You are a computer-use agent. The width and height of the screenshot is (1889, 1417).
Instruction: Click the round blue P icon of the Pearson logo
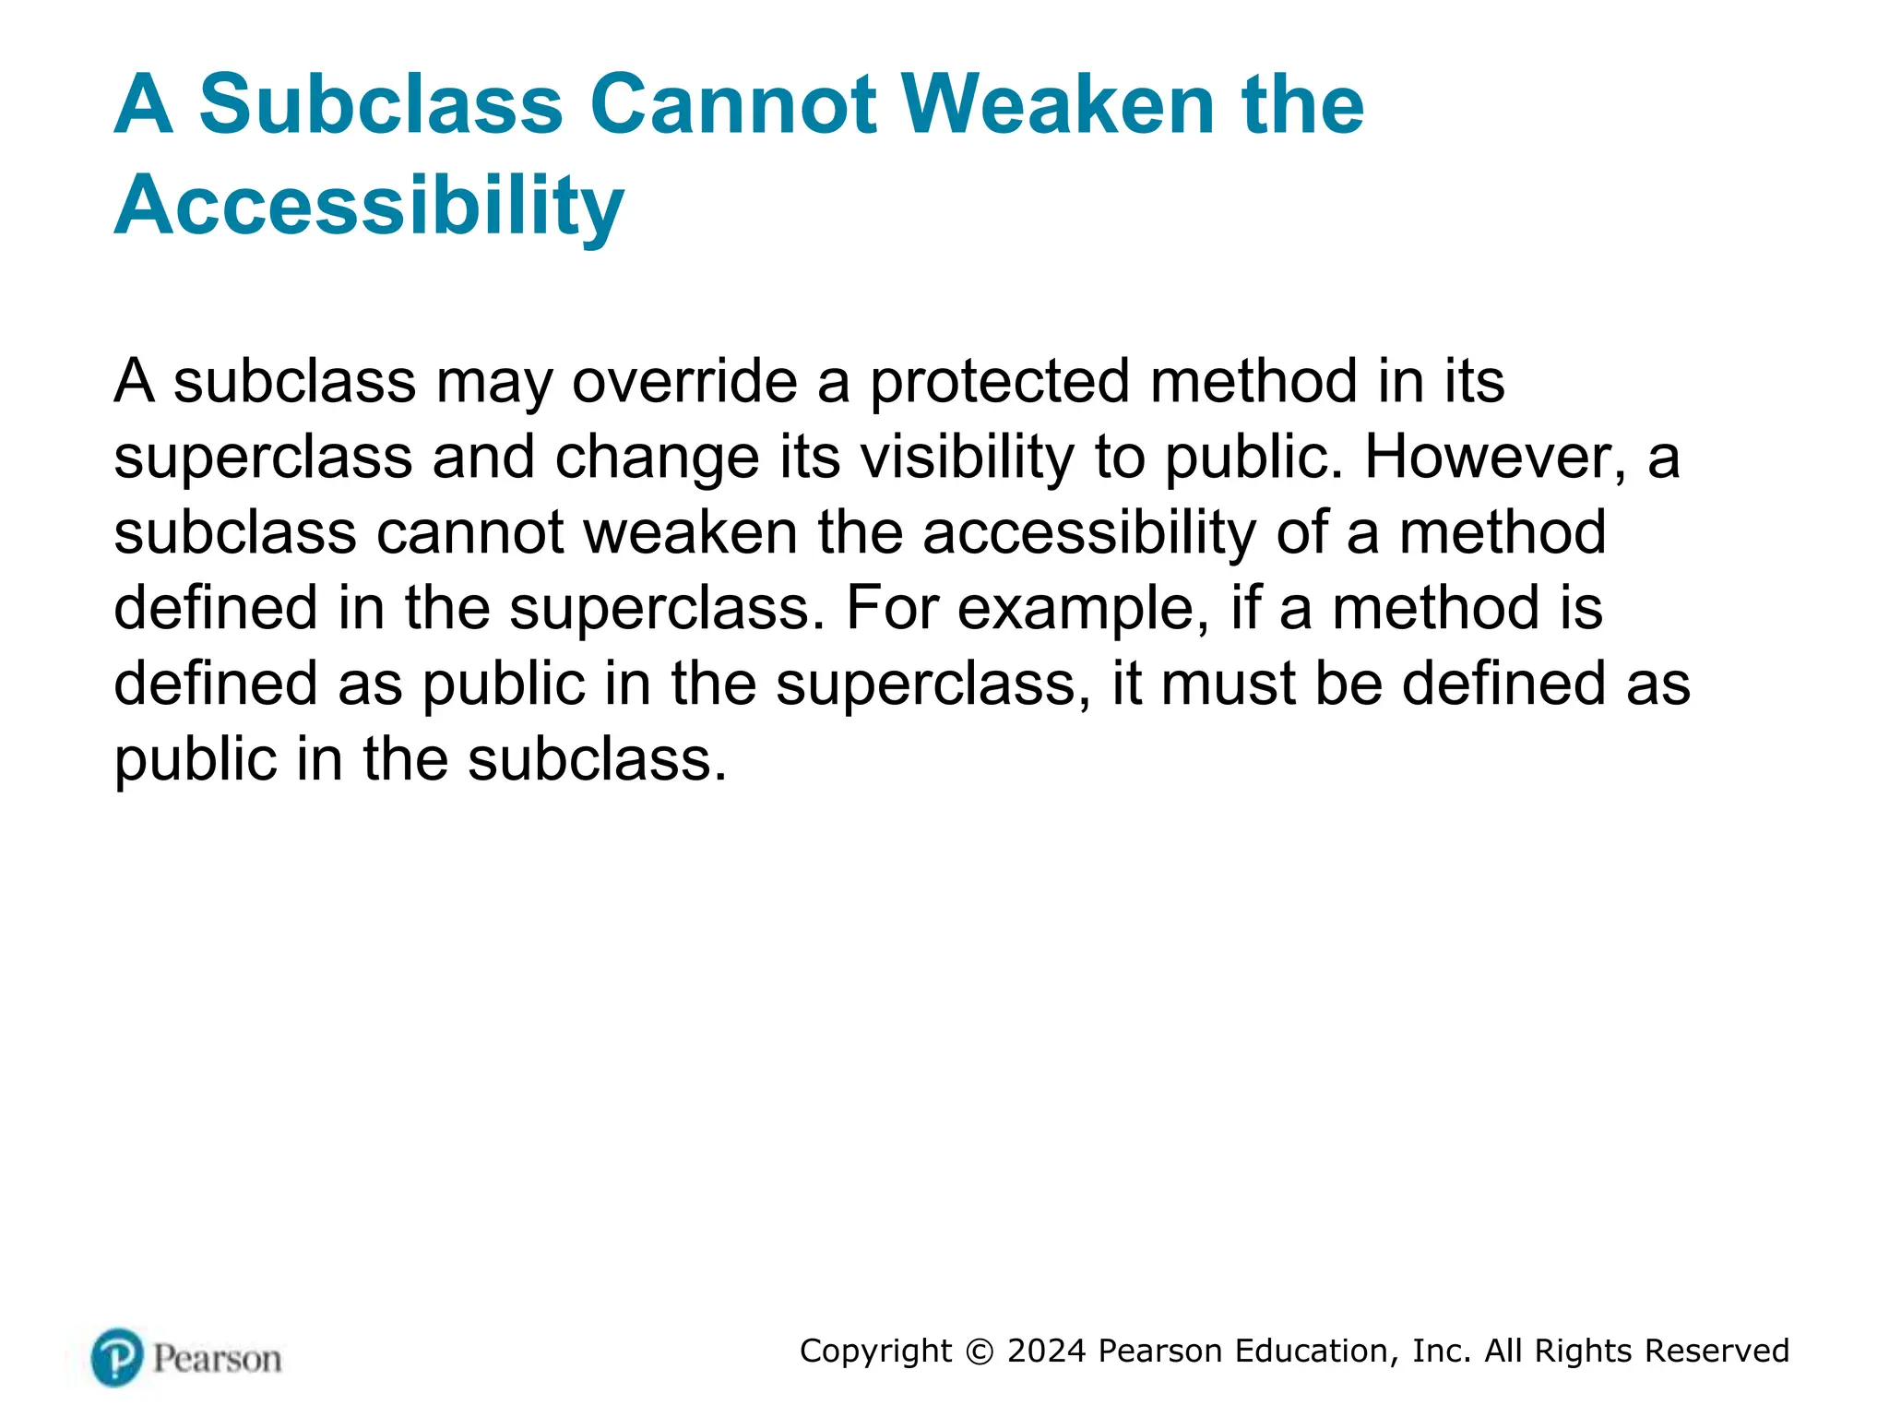117,1357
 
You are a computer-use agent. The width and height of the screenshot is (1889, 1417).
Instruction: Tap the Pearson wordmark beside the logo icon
218,1359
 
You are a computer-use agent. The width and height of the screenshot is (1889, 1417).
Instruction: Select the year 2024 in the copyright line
1047,1351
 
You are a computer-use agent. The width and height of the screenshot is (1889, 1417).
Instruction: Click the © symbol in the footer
980,1352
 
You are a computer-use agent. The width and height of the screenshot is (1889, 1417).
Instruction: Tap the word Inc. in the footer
1442,1351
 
